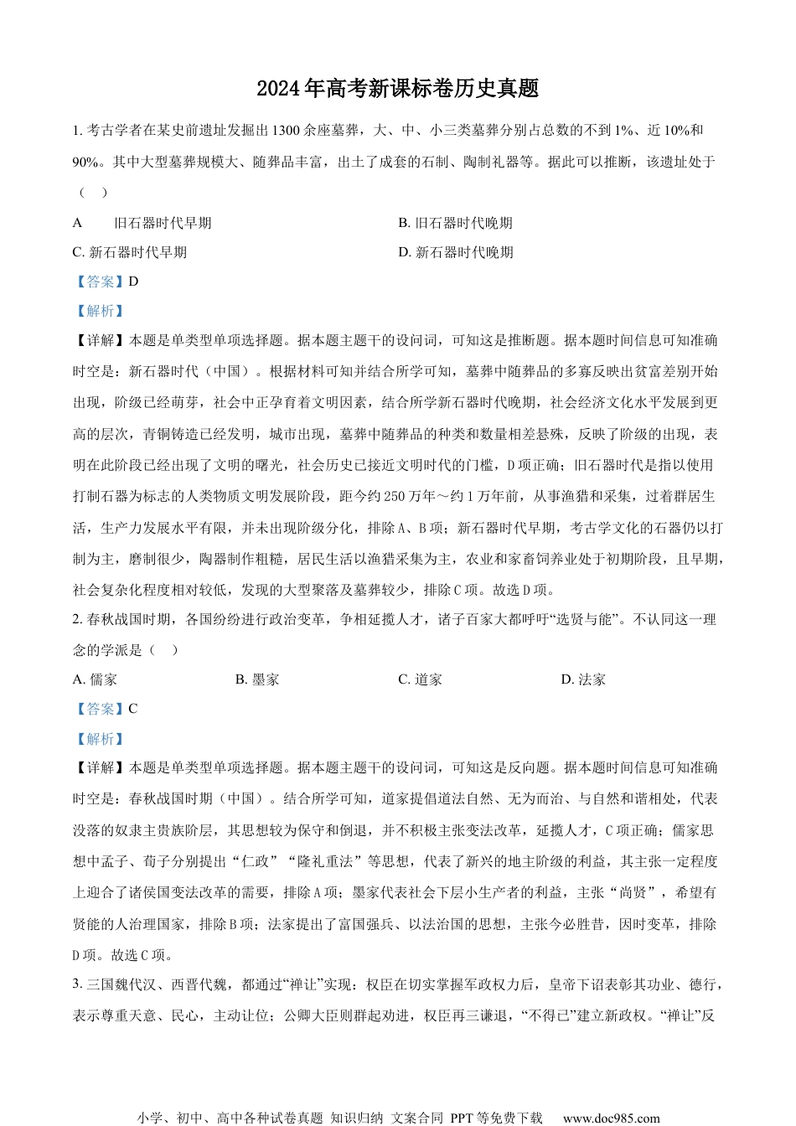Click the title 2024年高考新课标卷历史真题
[397, 88]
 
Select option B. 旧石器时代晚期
[455, 223]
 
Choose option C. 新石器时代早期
[130, 252]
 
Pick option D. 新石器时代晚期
[456, 252]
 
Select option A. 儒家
[96, 679]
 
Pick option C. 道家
[420, 679]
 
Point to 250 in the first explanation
[395, 496]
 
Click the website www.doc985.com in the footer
[611, 1118]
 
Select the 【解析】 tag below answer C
[100, 739]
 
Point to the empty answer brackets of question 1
[93, 192]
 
